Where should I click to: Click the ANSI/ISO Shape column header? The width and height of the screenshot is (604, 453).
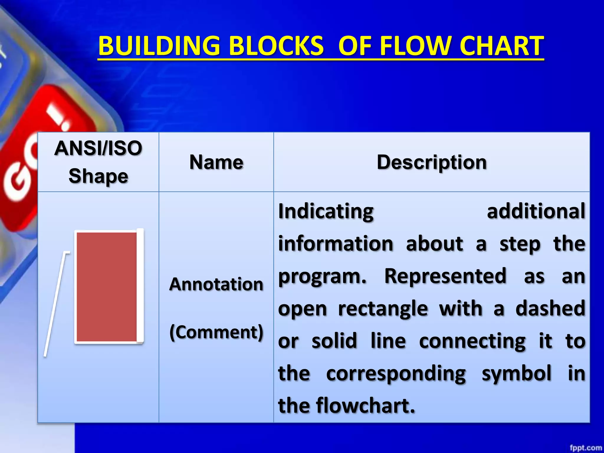tap(98, 162)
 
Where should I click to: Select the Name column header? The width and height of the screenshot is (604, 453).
tap(216, 162)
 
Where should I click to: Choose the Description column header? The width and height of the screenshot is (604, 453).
tap(431, 162)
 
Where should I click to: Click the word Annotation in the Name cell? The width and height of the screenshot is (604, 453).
tap(216, 284)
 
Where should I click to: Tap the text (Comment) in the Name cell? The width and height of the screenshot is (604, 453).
tap(216, 332)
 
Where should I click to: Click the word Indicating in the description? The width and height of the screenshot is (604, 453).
tap(326, 211)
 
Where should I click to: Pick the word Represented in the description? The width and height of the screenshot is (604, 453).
tap(445, 276)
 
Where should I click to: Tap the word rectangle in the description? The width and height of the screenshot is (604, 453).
tap(383, 309)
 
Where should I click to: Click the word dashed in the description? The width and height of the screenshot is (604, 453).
tap(550, 309)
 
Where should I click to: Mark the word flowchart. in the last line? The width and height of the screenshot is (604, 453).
tap(366, 406)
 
